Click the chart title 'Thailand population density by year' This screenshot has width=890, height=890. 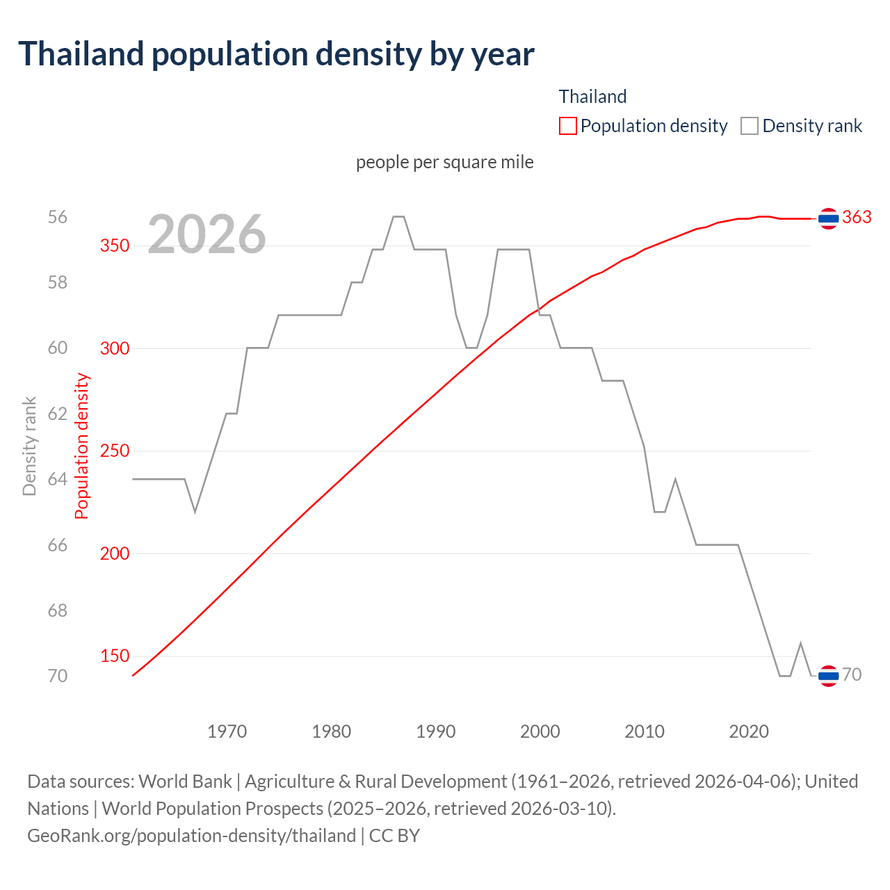tap(276, 54)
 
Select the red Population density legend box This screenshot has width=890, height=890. tap(567, 126)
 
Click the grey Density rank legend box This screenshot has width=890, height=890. tap(749, 126)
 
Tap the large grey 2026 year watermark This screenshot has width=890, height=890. tap(207, 234)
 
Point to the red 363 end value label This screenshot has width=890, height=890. tap(857, 218)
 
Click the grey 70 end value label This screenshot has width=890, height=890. tap(852, 674)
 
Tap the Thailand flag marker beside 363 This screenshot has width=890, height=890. tap(827, 218)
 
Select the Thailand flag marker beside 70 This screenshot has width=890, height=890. tap(827, 675)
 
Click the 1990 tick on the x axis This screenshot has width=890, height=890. tap(436, 731)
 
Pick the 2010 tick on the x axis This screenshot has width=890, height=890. tap(645, 731)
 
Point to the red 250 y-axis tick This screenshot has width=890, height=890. tap(115, 451)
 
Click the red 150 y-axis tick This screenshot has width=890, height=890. tap(115, 656)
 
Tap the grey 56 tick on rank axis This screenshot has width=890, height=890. tap(58, 217)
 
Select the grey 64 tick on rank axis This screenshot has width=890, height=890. tap(58, 479)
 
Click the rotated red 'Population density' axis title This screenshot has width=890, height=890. tap(82, 446)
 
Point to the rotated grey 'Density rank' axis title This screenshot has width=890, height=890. tap(29, 446)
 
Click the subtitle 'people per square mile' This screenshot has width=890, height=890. tap(445, 162)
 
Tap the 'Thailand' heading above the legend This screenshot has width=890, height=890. tap(592, 97)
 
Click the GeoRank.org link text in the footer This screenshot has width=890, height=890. tap(191, 835)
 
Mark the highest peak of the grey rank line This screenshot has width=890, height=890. tap(398, 217)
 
